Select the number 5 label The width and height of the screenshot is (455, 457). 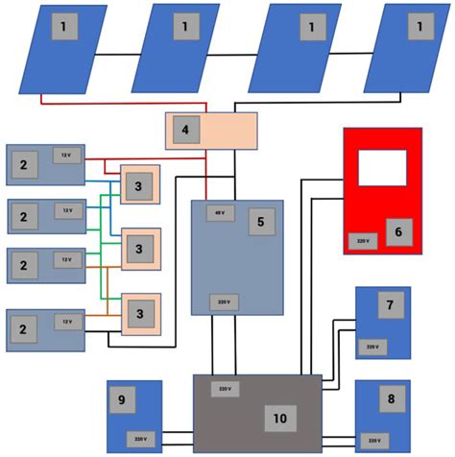257,223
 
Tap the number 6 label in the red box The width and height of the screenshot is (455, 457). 398,230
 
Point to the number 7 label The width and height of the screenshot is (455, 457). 389,306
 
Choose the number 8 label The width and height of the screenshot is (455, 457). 390,398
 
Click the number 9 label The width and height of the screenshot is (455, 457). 122,399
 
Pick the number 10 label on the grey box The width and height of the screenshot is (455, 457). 279,418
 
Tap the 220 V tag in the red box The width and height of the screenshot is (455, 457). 362,241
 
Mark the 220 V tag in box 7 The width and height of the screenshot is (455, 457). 370,347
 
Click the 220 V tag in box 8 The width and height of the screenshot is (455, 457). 370,441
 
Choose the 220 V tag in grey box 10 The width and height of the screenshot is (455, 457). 225,389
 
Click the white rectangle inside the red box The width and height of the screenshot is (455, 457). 382,167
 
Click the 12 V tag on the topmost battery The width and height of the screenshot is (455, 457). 66,156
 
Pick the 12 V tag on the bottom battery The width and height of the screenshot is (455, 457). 66,321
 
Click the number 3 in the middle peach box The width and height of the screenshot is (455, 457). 139,250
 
